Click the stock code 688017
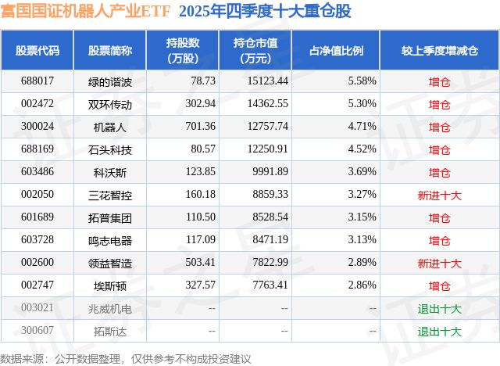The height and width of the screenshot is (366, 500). pos(37,81)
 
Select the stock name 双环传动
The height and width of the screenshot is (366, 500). pos(110,103)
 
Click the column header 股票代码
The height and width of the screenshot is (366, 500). pos(37,51)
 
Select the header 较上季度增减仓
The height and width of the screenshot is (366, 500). pos(439,51)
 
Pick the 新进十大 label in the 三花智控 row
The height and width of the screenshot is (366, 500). pos(439,195)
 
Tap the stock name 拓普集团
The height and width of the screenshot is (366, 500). pos(110,217)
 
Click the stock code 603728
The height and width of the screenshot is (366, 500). pos(37,240)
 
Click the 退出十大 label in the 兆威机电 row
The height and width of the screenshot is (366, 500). pos(439,308)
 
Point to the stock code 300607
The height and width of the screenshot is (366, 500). pos(37,331)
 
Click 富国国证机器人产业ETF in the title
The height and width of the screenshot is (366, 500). pos(87,12)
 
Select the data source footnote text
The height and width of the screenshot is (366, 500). pos(126,358)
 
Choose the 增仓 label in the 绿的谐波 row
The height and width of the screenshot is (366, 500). pos(439,81)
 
